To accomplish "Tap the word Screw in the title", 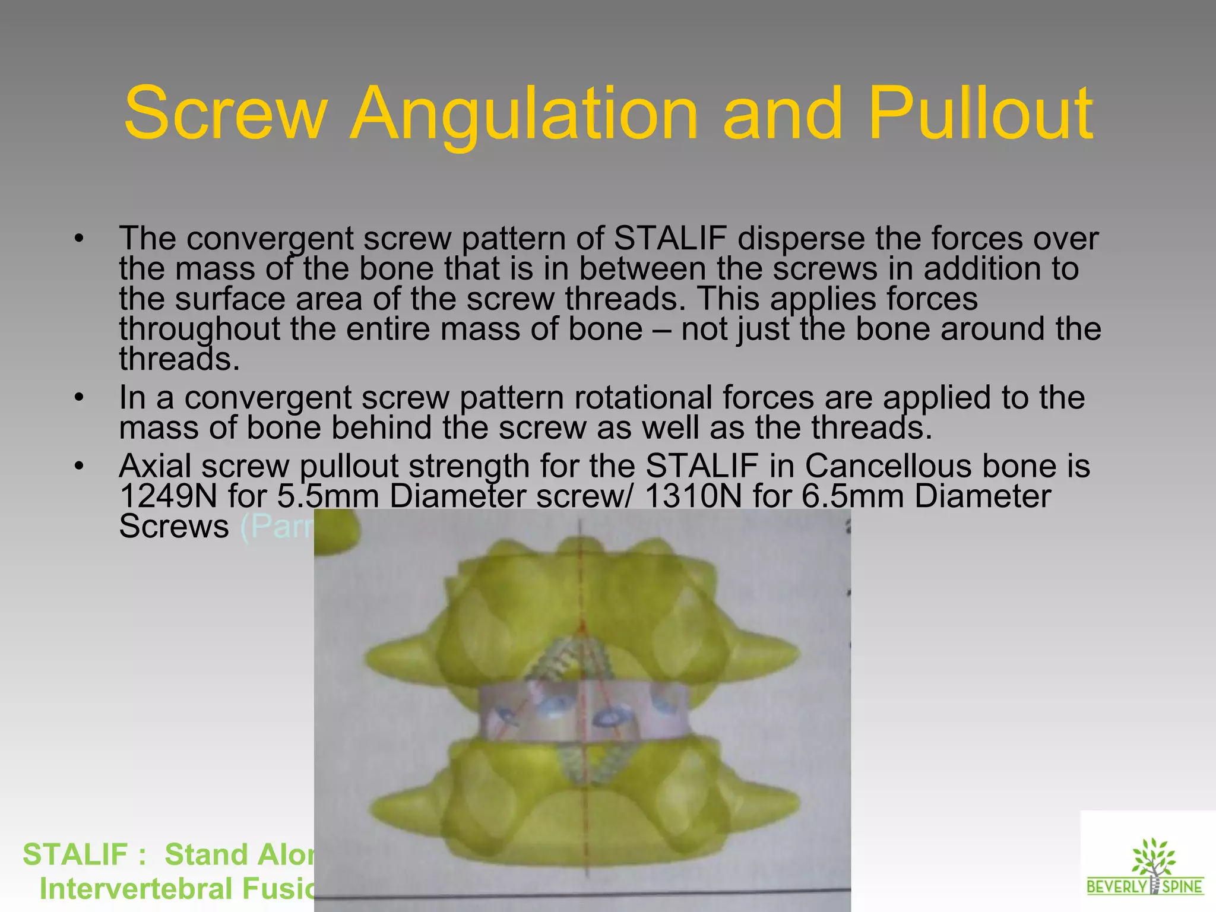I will [226, 114].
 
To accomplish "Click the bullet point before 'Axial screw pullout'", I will [80, 465].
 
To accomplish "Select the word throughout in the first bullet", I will [199, 330].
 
